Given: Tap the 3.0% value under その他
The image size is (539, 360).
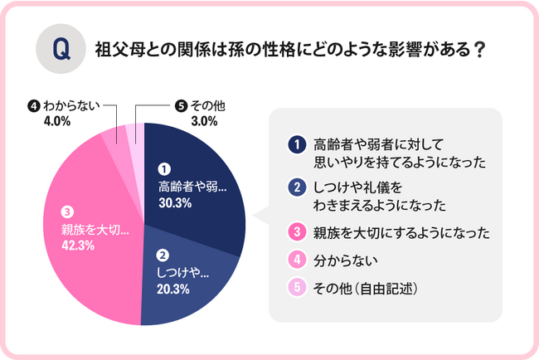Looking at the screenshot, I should (x=203, y=121).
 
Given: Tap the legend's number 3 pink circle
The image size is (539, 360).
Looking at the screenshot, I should (x=295, y=232).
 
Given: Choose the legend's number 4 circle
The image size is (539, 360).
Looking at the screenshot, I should (x=295, y=260).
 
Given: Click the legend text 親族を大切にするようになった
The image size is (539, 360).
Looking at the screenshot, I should (x=398, y=232).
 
